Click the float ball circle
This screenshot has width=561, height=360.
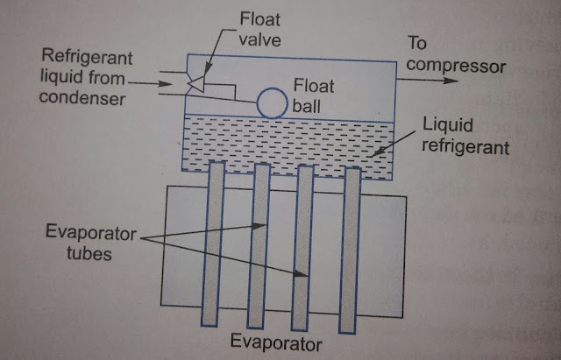[272, 102]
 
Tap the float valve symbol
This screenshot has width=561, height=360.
[198, 83]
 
